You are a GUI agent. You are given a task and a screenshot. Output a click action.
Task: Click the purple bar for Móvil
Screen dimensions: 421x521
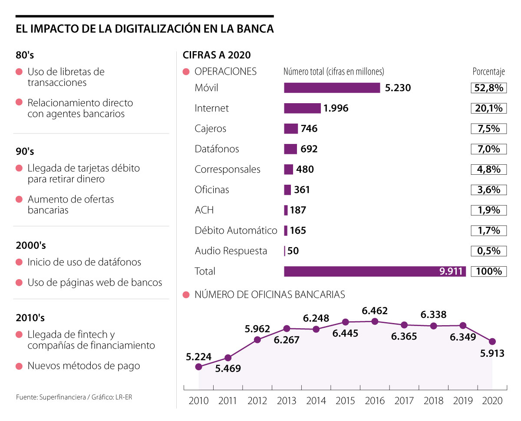point(332,88)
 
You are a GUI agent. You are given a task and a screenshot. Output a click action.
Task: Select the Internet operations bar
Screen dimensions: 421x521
point(302,108)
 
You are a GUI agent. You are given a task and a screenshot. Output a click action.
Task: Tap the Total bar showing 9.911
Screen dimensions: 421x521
point(375,271)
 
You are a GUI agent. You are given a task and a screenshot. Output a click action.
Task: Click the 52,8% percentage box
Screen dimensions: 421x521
point(489,88)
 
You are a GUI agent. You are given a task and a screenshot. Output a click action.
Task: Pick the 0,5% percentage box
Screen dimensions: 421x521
point(489,251)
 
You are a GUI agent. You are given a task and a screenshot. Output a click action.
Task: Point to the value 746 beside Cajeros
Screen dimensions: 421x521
point(309,129)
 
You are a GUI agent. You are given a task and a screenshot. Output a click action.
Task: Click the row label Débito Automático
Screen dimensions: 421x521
point(236,231)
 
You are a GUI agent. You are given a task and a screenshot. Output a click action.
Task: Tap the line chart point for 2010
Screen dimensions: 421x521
point(199,367)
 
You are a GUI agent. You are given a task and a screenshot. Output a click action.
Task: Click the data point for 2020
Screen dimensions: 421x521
point(492,342)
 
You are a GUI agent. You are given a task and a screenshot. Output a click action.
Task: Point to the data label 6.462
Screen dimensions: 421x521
point(375,310)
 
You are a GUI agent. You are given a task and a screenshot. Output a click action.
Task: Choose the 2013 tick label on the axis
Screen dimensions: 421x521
point(287,401)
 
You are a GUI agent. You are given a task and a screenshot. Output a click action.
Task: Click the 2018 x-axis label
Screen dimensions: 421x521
point(433,401)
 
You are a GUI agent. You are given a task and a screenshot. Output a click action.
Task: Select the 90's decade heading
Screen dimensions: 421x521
point(25,152)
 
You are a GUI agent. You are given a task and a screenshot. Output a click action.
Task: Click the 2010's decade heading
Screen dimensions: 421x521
point(30,318)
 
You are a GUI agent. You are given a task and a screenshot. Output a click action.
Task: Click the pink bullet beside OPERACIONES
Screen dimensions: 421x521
point(186,72)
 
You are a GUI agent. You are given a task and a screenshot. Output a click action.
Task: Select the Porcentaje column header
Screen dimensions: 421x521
point(489,72)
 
